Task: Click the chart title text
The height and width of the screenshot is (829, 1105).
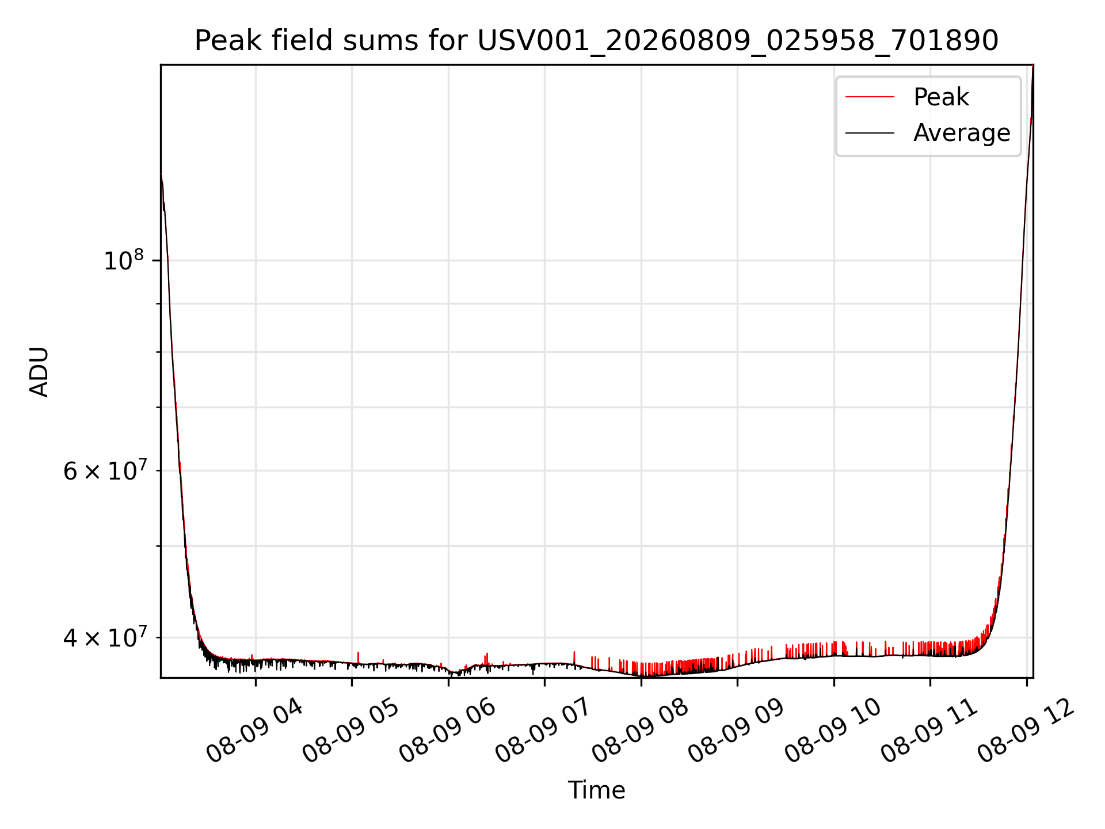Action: pyautogui.click(x=596, y=41)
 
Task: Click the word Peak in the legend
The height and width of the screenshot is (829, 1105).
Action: pyautogui.click(x=941, y=97)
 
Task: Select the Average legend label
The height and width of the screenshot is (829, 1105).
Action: pyautogui.click(x=962, y=133)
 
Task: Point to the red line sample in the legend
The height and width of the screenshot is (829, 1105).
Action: pyautogui.click(x=870, y=97)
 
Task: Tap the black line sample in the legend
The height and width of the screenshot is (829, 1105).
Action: pyautogui.click(x=870, y=133)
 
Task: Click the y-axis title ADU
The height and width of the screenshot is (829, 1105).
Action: pyautogui.click(x=39, y=372)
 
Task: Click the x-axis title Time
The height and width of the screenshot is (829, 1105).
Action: pyautogui.click(x=596, y=790)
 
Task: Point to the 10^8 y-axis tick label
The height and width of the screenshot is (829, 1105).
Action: pyautogui.click(x=123, y=260)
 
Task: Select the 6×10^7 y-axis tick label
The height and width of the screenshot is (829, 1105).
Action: pyautogui.click(x=105, y=471)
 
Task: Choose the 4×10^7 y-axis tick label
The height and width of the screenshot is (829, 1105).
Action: pyautogui.click(x=105, y=637)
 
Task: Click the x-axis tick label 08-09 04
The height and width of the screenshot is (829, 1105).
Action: pyautogui.click(x=254, y=731)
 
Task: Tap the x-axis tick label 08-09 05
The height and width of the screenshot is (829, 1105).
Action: pyautogui.click(x=351, y=731)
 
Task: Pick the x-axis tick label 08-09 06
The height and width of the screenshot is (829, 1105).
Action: pyautogui.click(x=447, y=731)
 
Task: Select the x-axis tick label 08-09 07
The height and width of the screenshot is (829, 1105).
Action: pyautogui.click(x=544, y=731)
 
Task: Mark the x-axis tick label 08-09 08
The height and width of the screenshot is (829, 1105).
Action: pyautogui.click(x=640, y=731)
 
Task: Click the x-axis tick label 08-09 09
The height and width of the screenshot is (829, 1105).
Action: pyautogui.click(x=737, y=731)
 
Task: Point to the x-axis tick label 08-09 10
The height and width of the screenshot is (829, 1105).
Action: pyautogui.click(x=833, y=731)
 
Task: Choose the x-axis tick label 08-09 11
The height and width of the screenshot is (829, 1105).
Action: pyautogui.click(x=929, y=731)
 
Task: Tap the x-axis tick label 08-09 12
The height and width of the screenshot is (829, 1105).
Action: pyautogui.click(x=1026, y=731)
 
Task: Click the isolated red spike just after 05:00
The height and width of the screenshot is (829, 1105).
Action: pyautogui.click(x=358, y=657)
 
